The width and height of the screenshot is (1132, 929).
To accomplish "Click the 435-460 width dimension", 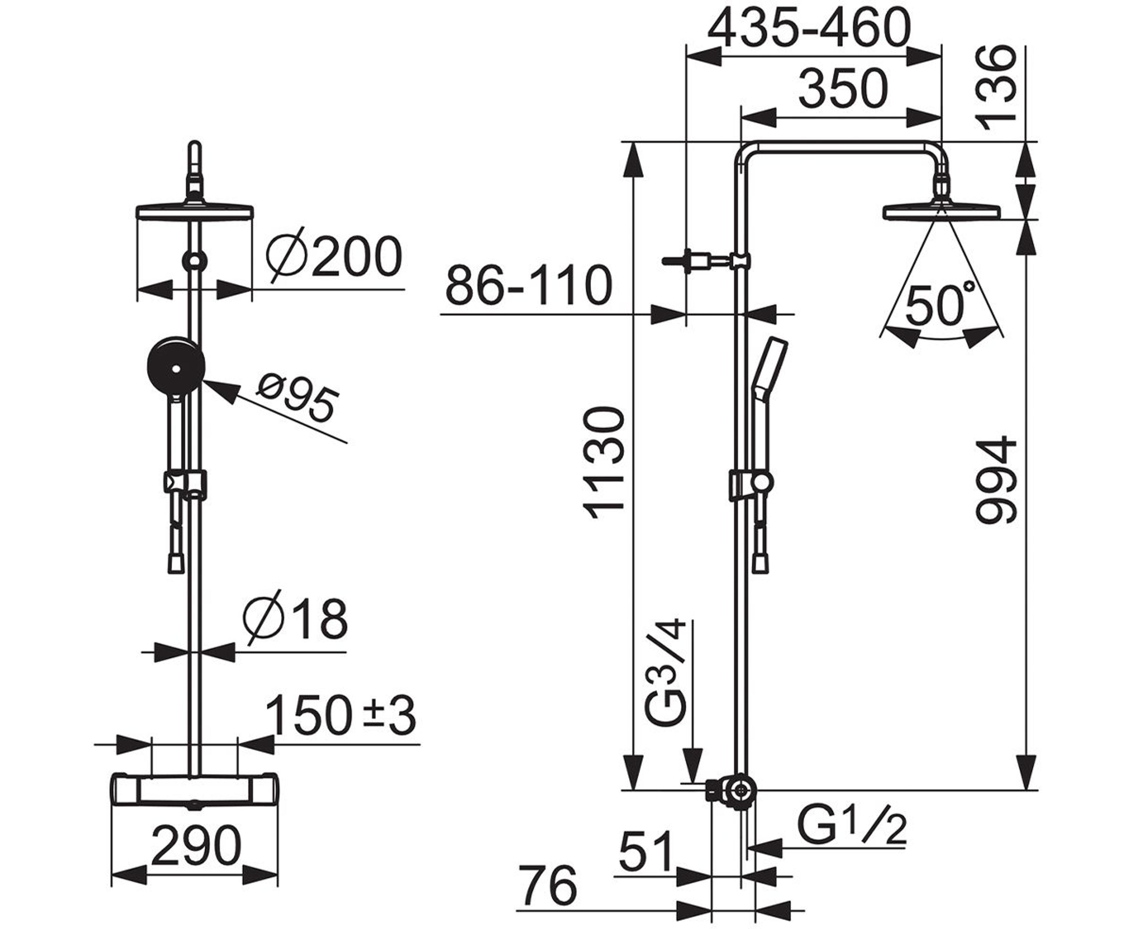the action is [809, 28].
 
